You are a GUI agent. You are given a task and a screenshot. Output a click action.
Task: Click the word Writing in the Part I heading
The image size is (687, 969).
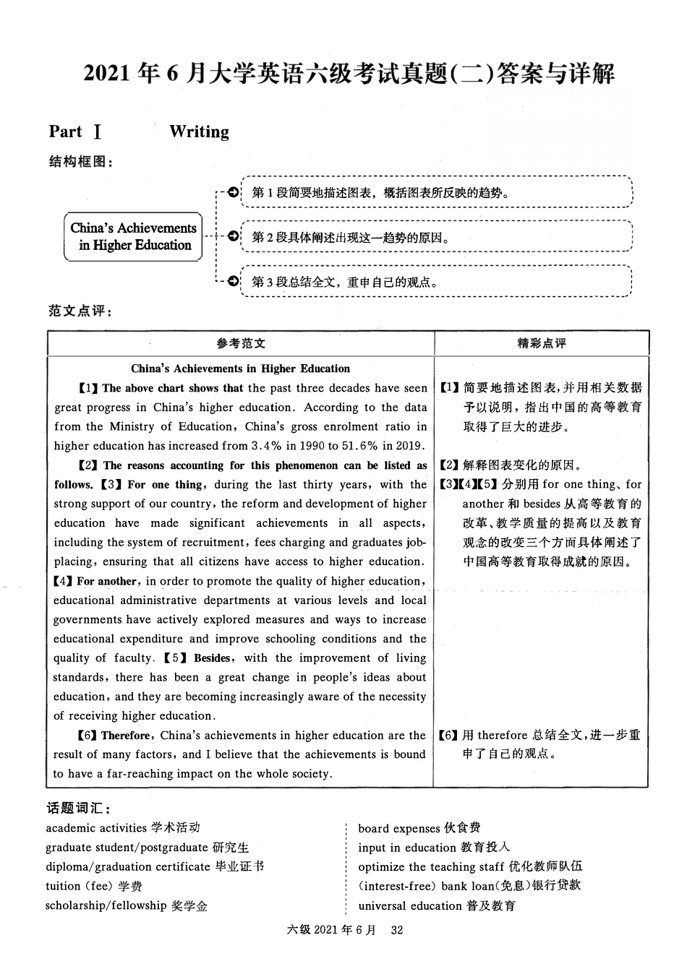(x=199, y=132)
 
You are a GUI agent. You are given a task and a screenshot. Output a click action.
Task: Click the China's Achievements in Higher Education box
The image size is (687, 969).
(x=134, y=236)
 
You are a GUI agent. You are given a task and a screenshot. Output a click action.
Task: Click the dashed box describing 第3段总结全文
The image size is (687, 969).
(x=437, y=282)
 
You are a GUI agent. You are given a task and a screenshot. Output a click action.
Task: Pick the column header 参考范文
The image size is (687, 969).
(x=241, y=343)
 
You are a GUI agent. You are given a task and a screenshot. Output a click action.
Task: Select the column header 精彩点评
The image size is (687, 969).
(x=541, y=343)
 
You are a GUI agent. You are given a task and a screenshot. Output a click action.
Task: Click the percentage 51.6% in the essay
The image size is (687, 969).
(x=357, y=446)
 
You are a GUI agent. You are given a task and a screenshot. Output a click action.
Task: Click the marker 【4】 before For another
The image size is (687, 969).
(x=64, y=581)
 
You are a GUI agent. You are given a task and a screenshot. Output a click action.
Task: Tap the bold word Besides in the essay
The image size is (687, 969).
(x=212, y=658)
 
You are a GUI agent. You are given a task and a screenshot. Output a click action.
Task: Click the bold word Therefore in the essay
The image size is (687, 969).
(x=125, y=736)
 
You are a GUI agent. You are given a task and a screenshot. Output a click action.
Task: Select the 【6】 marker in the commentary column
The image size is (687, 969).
(x=449, y=736)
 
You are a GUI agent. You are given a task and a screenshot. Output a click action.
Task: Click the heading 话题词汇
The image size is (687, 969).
(x=78, y=809)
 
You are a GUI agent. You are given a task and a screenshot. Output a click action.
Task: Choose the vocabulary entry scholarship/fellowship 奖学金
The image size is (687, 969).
(x=126, y=906)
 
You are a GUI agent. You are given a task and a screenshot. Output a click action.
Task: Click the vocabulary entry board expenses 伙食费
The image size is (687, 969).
(x=419, y=829)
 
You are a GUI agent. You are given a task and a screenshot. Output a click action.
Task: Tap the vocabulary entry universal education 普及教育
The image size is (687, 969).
(x=437, y=906)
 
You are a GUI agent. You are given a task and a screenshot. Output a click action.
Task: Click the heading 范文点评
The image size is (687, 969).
(x=80, y=311)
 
